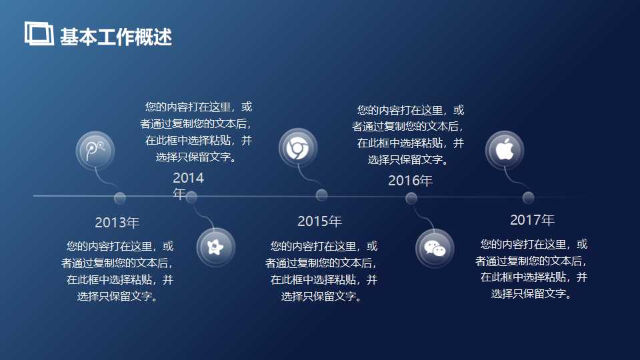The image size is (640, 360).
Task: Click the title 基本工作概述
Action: click(116, 37)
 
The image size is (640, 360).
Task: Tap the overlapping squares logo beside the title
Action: click(39, 33)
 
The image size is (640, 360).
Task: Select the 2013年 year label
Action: click(117, 223)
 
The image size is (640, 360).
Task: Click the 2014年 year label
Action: click(188, 185)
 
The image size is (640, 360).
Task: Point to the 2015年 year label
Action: click(319, 221)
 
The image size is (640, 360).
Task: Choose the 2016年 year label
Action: click(410, 181)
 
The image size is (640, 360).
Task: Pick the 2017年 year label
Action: click(532, 220)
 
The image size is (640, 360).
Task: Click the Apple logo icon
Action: click(505, 150)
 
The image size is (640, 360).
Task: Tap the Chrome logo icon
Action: click(297, 147)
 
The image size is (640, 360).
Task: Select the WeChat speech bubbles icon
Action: click(435, 247)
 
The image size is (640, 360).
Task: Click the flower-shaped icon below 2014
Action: click(217, 247)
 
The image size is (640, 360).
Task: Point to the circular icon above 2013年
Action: click(95, 150)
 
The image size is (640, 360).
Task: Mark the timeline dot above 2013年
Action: click(120, 198)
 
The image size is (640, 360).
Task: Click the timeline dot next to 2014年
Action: click(192, 197)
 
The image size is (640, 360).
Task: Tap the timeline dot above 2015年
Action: click(321, 195)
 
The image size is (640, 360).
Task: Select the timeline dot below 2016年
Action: click(411, 198)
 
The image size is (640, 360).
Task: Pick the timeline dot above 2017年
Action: click(529, 197)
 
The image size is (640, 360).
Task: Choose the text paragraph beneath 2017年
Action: click(531, 269)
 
